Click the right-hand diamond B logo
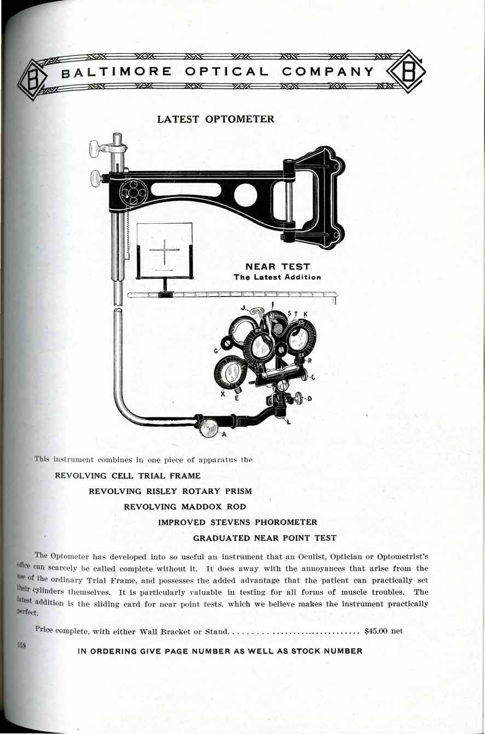pos(406,72)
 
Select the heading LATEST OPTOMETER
pos(216,119)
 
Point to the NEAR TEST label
pos(278,267)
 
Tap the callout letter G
pos(217,350)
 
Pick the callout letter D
pos(309,399)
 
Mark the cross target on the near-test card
pos(164,251)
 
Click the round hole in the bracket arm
pos(246,195)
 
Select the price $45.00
pos(376,631)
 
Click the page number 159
pos(22,646)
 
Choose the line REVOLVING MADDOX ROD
pos(185,506)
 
